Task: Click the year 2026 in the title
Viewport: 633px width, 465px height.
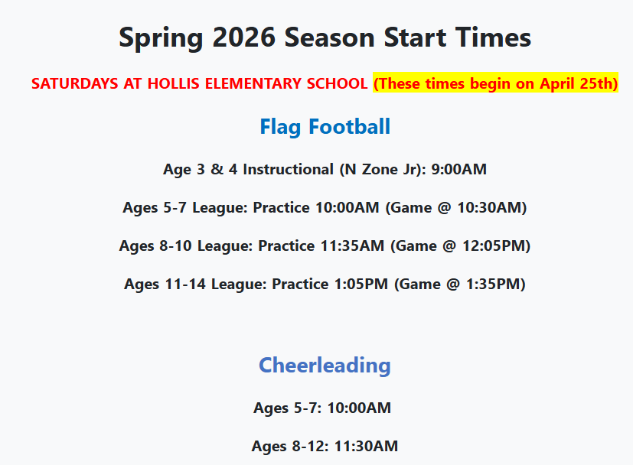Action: (244, 37)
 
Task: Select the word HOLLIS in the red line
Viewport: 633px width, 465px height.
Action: (174, 83)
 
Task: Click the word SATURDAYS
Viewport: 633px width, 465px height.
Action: (75, 83)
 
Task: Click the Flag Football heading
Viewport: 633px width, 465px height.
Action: (325, 127)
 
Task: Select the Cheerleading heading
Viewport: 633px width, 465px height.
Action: (325, 366)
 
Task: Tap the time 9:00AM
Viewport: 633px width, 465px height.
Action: (459, 169)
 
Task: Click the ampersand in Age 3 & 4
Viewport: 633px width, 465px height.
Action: (217, 169)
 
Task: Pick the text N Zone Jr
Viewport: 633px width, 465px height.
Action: (383, 169)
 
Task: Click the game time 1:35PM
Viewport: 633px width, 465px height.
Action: (493, 284)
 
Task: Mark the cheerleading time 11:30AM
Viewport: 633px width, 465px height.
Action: (366, 446)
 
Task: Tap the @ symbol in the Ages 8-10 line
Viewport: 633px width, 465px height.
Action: (449, 246)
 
